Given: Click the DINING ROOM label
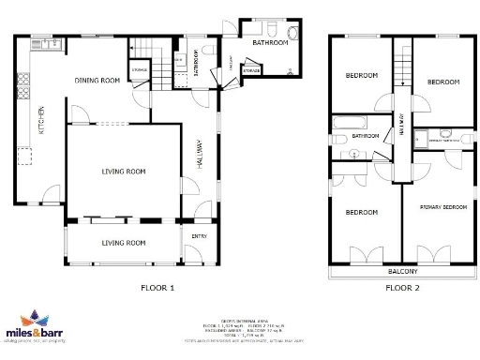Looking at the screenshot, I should click(x=97, y=81).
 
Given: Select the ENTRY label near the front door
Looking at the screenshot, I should click(x=199, y=236).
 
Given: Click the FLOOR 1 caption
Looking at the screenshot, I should click(x=157, y=288).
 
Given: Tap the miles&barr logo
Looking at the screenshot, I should click(x=35, y=327).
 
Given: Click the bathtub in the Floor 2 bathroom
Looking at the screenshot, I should click(x=352, y=120).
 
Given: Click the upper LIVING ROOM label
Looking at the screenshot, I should click(x=124, y=172).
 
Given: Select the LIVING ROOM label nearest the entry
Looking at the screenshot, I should click(x=124, y=243).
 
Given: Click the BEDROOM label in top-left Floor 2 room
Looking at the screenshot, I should click(x=362, y=75).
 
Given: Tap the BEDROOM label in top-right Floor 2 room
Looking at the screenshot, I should click(x=442, y=82).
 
